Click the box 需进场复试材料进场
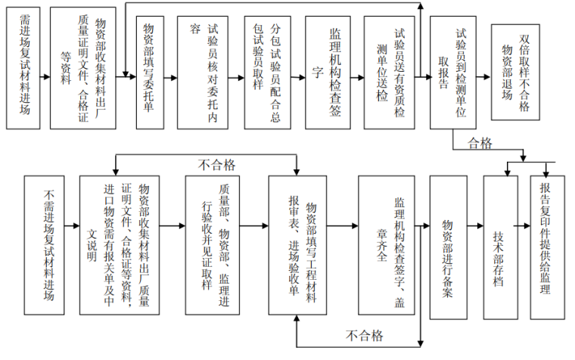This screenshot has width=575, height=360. point(25,69)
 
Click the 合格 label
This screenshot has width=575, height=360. point(480,142)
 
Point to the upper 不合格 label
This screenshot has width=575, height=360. point(217,163)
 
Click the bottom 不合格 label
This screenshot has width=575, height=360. point(365,335)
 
